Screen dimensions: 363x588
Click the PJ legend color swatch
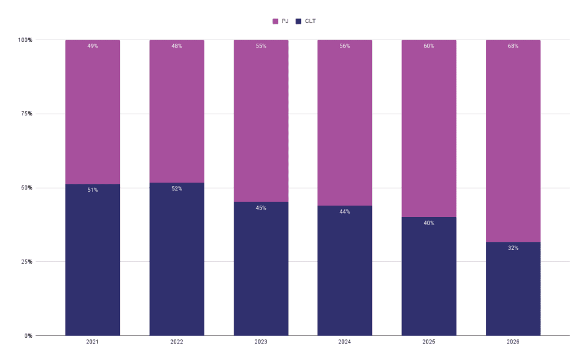point(275,21)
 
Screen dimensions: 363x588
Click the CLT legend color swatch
point(299,21)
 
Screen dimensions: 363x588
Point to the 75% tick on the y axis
point(25,114)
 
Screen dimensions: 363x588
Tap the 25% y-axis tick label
point(25,262)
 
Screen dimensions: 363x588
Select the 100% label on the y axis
point(24,40)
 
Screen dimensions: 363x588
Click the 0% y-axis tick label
point(27,335)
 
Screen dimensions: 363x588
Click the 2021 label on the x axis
point(92,342)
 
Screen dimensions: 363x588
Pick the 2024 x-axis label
point(345,342)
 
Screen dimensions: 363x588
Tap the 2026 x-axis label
point(513,342)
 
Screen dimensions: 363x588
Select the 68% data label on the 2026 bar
point(513,46)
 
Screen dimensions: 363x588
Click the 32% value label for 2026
point(513,248)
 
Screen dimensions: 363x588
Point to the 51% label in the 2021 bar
point(92,190)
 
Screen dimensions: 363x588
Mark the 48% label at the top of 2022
point(177,46)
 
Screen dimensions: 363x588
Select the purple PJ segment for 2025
point(429,132)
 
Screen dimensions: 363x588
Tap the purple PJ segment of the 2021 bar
point(92,115)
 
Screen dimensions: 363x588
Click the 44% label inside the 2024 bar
point(345,211)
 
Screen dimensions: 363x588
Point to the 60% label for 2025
point(429,46)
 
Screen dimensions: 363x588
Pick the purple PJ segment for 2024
point(345,126)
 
